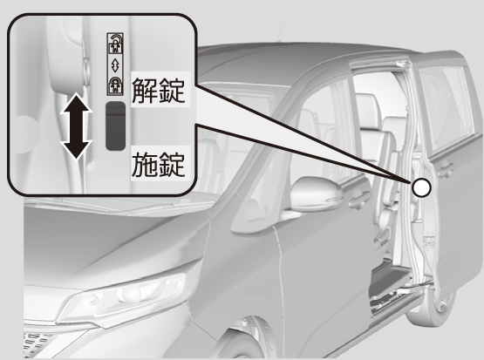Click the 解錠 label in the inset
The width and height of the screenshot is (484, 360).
point(159,90)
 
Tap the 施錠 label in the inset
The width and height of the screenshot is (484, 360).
point(159,165)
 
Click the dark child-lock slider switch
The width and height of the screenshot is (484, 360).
point(115,126)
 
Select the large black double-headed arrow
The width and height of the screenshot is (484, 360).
point(76,126)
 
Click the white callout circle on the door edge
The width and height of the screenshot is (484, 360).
point(421,187)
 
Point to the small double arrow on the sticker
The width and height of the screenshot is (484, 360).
point(115,65)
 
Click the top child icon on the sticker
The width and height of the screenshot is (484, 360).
point(115,44)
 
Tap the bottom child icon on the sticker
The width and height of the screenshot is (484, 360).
point(115,85)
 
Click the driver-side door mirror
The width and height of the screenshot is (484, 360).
point(317,194)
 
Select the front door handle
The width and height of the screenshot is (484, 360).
point(359,199)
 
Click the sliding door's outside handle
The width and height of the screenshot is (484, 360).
point(445,170)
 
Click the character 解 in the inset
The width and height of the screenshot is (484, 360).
point(145,90)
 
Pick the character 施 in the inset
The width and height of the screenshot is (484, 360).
point(145,165)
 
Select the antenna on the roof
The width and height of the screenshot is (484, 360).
point(281,30)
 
